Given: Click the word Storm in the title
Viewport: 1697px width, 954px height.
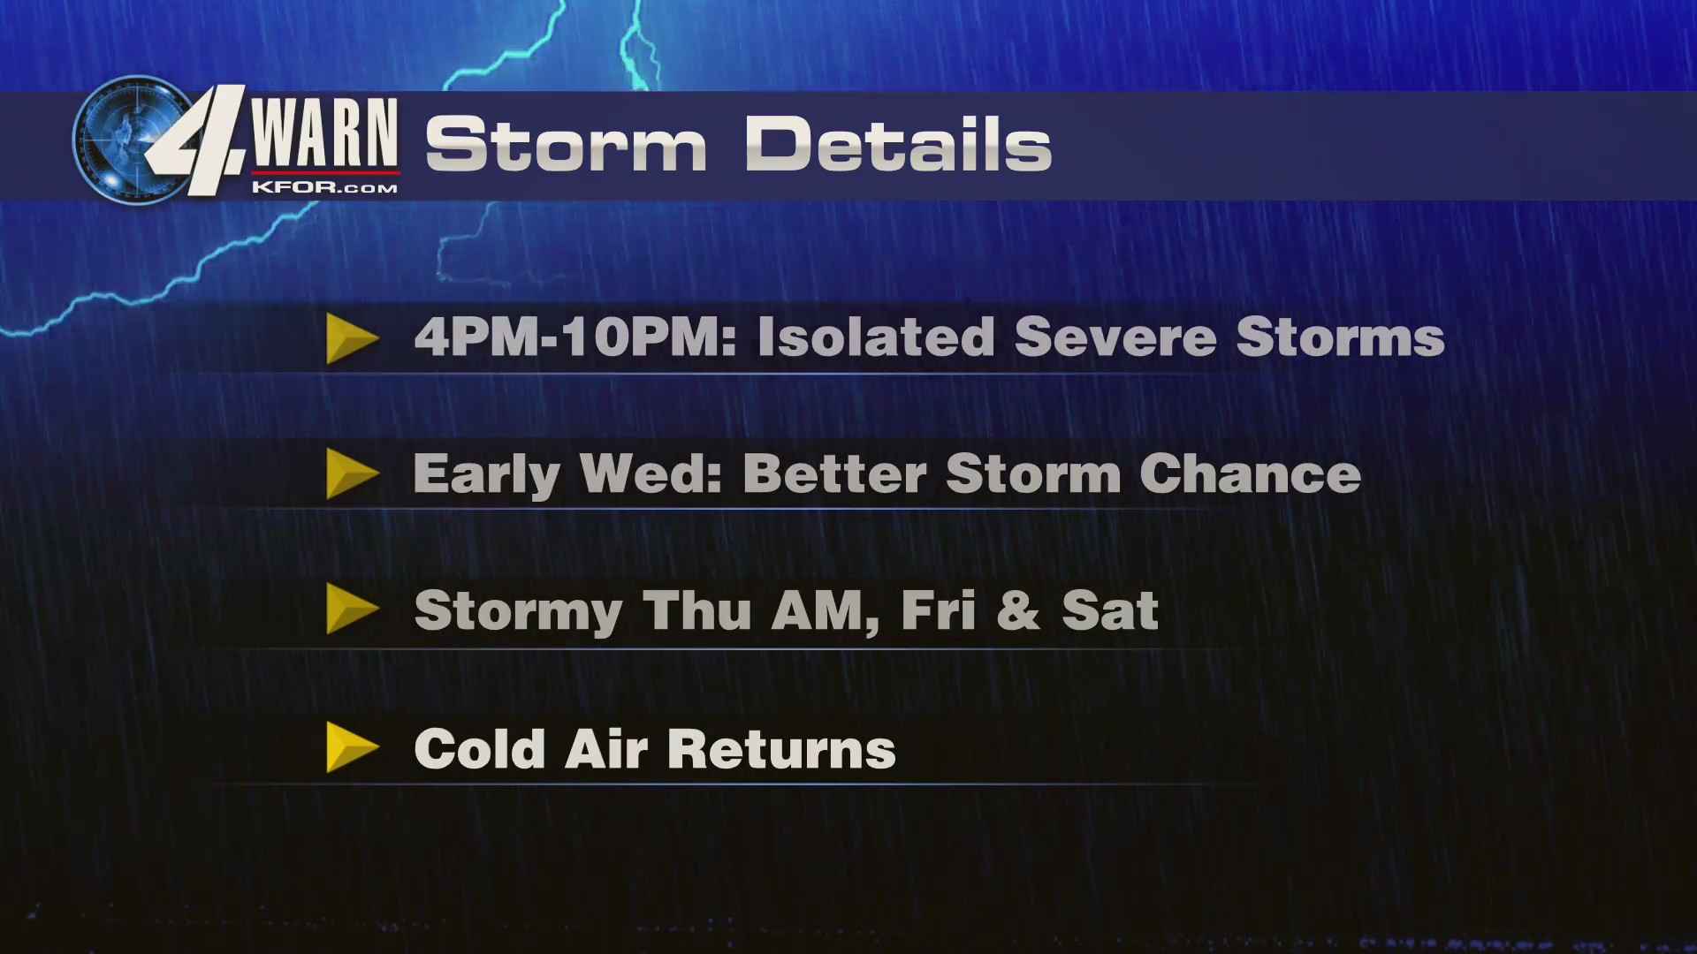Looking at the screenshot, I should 566,145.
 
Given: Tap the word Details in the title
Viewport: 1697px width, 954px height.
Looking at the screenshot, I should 898,145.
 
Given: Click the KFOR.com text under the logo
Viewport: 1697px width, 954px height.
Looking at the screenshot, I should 324,187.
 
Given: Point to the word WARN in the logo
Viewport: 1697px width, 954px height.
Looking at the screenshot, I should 324,132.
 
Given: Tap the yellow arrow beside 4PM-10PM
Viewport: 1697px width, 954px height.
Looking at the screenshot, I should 351,338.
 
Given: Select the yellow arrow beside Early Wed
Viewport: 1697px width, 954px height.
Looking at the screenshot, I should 351,473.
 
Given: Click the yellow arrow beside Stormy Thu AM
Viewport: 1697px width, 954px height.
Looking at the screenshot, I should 351,609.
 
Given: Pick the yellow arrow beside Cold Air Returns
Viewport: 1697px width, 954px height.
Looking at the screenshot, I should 351,747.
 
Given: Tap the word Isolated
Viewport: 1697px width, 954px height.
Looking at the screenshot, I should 876,337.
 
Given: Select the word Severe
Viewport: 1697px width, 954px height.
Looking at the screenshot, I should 1115,337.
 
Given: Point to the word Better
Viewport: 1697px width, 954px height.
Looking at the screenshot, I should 834,474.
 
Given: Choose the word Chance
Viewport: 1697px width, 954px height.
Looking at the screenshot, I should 1250,474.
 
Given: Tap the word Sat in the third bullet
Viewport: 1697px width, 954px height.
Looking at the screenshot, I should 1109,610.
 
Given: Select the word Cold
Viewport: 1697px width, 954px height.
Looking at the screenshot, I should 479,749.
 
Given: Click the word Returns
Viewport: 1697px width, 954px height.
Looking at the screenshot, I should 781,749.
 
